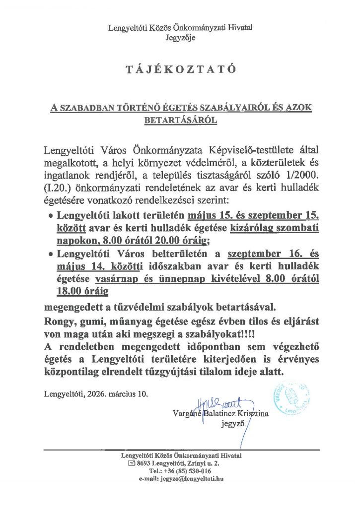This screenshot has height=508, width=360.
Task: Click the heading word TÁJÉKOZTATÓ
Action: (180, 70)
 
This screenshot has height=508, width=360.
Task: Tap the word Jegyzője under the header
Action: (180, 37)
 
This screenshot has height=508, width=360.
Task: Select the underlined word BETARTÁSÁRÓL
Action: (180, 120)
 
